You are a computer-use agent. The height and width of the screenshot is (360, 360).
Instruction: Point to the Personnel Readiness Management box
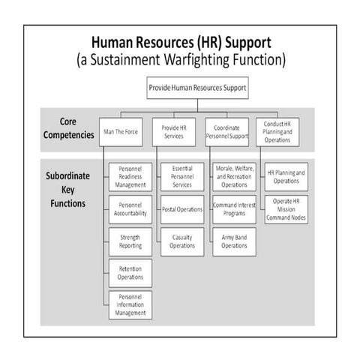[x=130, y=176]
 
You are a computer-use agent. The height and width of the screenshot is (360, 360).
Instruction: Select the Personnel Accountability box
[x=130, y=209]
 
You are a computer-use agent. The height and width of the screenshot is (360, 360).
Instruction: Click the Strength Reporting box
[x=130, y=241]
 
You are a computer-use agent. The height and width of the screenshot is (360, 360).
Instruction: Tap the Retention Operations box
[x=130, y=272]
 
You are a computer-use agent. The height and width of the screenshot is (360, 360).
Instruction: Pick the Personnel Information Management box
[x=130, y=304]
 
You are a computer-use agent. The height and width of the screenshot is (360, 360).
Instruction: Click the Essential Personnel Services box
[x=181, y=176]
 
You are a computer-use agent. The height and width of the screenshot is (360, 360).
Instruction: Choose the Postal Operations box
[x=181, y=209]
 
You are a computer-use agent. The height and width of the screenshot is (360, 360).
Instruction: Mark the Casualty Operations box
[x=181, y=241]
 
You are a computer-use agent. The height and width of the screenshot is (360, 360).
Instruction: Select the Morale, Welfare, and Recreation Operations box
[x=234, y=176]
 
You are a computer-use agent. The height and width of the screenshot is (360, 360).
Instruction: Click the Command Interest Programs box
[x=234, y=209]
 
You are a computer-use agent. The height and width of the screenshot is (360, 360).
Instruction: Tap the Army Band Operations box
[x=234, y=241]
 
